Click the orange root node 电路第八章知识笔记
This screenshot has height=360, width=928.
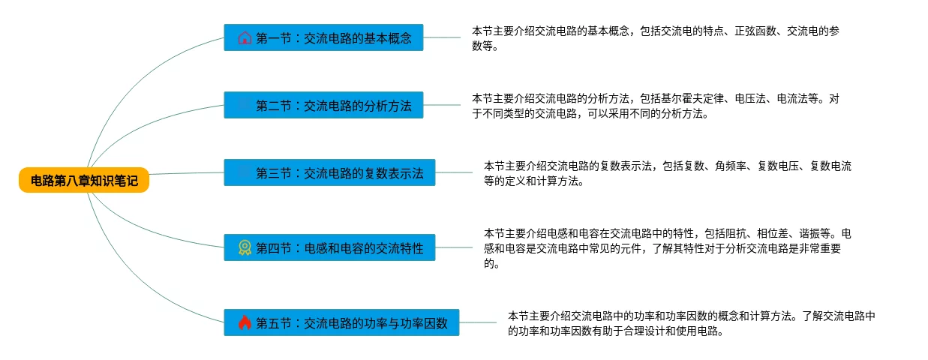[84, 180]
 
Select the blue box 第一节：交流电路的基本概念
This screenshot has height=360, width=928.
[323, 37]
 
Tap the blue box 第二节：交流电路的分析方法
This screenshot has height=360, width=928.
[323, 105]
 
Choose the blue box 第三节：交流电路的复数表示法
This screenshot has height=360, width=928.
[330, 172]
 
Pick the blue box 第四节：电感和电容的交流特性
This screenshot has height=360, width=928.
[330, 247]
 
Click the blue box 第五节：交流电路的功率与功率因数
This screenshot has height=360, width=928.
[342, 322]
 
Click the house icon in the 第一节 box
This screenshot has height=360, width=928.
[245, 37]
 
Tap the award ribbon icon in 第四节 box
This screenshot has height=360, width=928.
[245, 247]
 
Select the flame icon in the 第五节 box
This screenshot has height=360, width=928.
[245, 322]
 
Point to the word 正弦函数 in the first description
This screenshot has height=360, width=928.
[755, 31]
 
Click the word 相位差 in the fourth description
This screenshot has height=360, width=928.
[773, 234]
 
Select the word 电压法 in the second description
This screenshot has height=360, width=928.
[750, 98]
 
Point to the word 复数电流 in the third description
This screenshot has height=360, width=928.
[830, 166]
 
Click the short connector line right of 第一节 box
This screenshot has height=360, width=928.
[442, 37]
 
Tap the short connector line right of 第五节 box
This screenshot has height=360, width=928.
[478, 322]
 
